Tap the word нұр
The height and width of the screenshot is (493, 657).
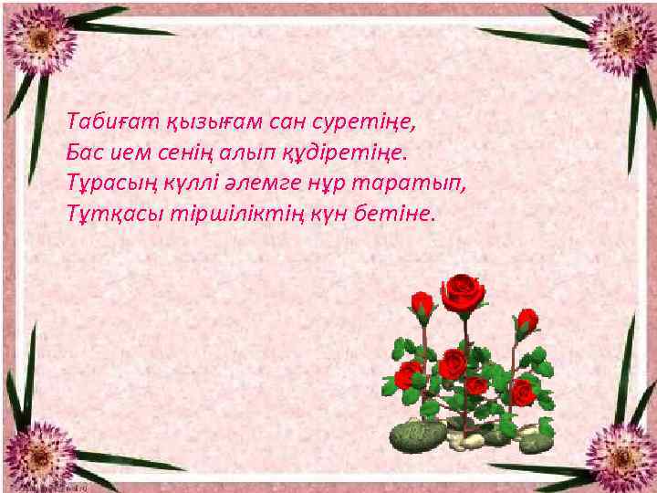click(329, 182)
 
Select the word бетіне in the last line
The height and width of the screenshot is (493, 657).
click(397, 213)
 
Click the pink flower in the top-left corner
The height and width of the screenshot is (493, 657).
click(37, 39)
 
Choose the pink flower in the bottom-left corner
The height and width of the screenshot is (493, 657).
click(37, 452)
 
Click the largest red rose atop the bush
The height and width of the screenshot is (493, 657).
click(463, 292)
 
